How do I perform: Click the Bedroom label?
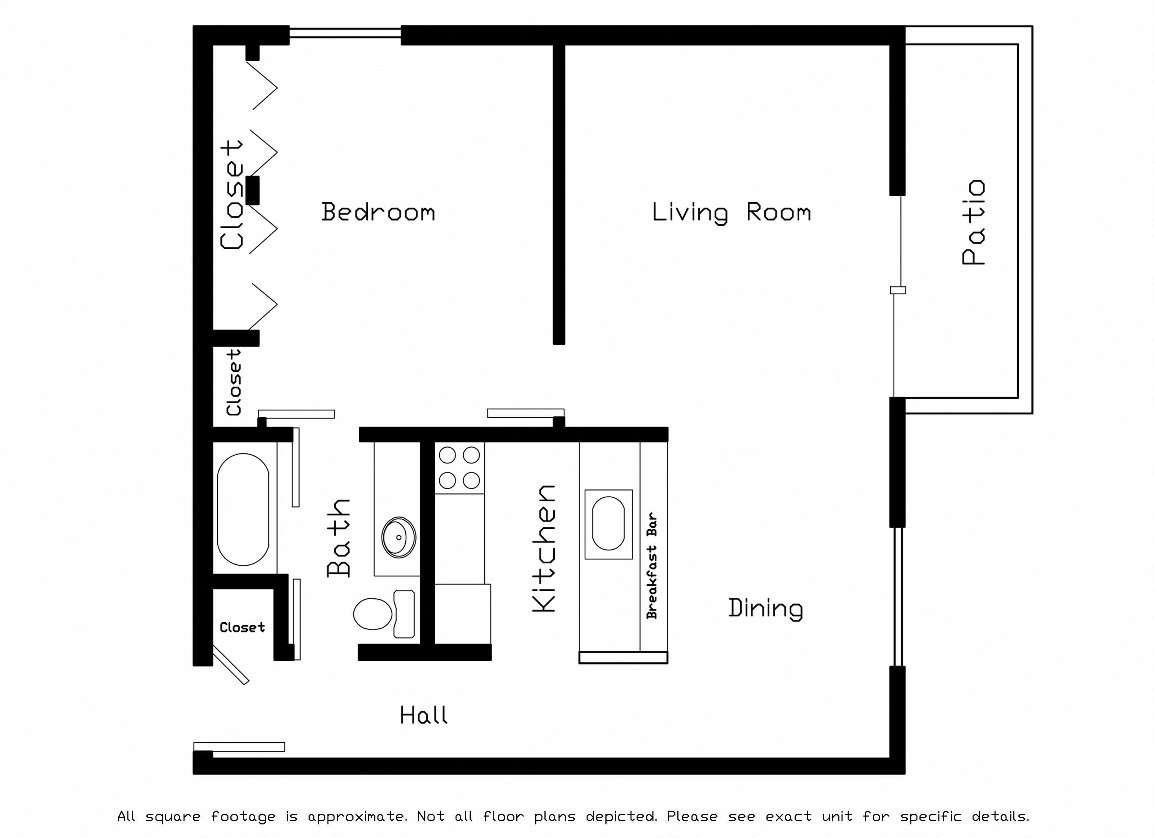pos(378,212)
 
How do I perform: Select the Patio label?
pos(973,222)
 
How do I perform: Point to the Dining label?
pos(765,608)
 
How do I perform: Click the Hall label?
pos(424,715)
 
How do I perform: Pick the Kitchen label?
pos(544,548)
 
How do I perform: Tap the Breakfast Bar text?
pos(652,566)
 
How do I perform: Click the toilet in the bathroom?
pos(382,614)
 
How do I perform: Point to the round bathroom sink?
pos(398,537)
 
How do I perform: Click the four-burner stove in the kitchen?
pos(459,468)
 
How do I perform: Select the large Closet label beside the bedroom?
pos(232,195)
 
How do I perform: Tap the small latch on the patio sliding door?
pos(898,290)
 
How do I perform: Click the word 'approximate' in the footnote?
pos(356,816)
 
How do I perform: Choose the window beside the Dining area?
pos(898,596)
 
